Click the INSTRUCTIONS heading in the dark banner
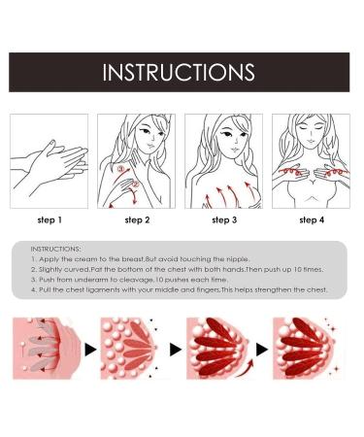[179, 72]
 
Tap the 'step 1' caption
[50, 220]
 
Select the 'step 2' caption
[137, 220]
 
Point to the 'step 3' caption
[224, 220]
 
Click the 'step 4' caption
[312, 220]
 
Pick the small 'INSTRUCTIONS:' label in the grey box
[55, 249]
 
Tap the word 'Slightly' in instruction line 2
[50, 270]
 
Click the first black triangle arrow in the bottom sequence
[90, 350]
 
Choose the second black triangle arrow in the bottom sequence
[176, 350]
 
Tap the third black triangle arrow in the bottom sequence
[262, 350]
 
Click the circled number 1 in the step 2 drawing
[120, 169]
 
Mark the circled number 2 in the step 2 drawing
[136, 185]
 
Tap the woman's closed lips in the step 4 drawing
[311, 142]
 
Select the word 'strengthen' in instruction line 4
[273, 290]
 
